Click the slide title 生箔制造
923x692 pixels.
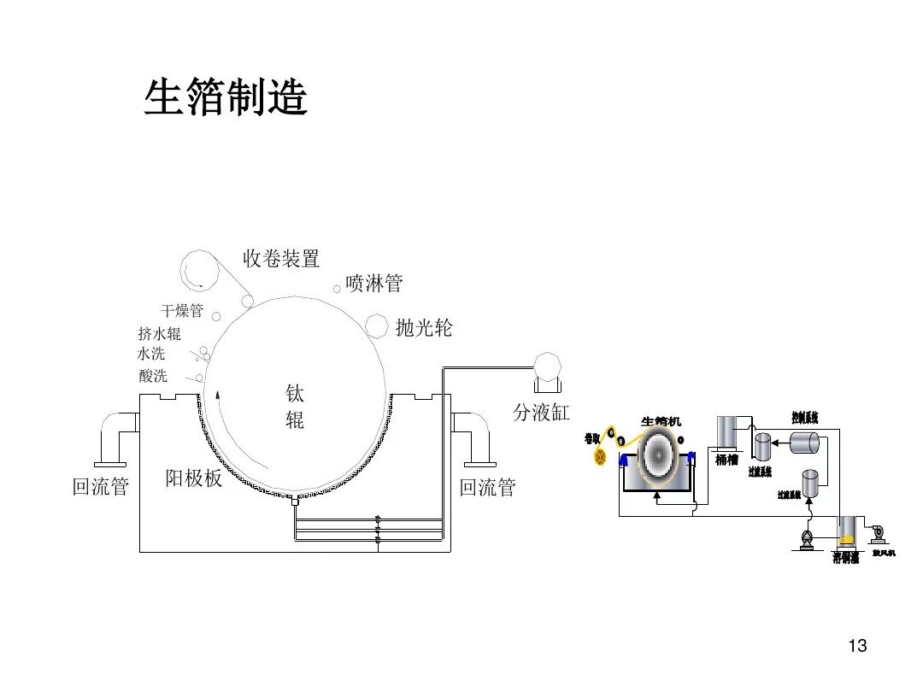click(x=225, y=97)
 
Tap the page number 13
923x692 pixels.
click(x=857, y=646)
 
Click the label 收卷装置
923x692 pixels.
click(x=281, y=258)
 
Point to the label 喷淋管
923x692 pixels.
click(x=373, y=284)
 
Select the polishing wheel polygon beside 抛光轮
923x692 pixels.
click(x=377, y=325)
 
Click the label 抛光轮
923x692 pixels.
click(x=424, y=327)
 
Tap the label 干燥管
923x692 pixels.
click(x=182, y=310)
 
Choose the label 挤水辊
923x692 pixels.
click(x=159, y=334)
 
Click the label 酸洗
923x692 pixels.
click(x=153, y=376)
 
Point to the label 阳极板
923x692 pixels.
click(x=194, y=478)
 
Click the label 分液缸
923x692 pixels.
click(x=541, y=413)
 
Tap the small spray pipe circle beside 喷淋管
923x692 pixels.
click(x=338, y=290)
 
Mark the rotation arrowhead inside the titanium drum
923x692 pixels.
click(x=218, y=395)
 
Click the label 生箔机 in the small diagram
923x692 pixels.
click(x=661, y=421)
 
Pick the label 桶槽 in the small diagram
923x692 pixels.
click(x=726, y=460)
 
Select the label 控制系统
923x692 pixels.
click(x=805, y=418)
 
